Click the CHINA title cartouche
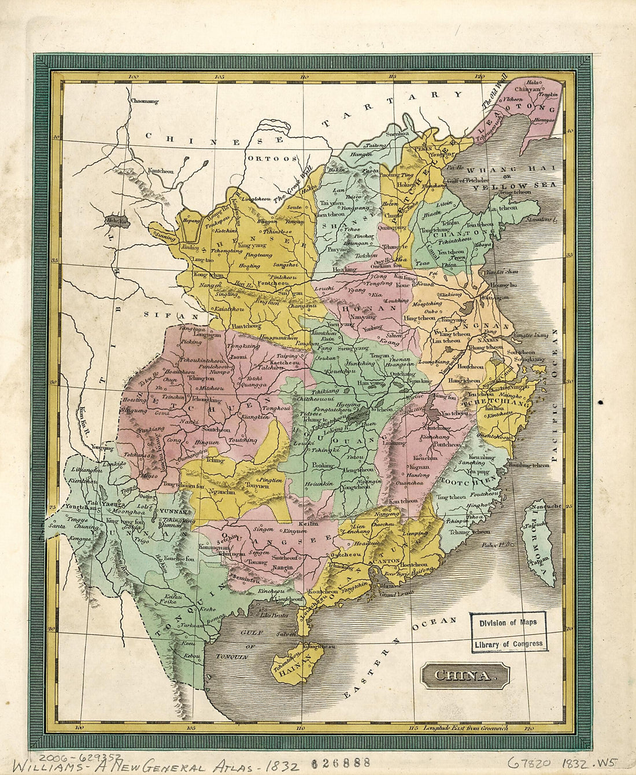pos(465,675)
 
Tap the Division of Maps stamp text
pos(507,623)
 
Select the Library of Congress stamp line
pos(508,644)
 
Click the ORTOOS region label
pos(272,158)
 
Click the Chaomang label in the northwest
pos(144,101)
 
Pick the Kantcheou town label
pos(160,171)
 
